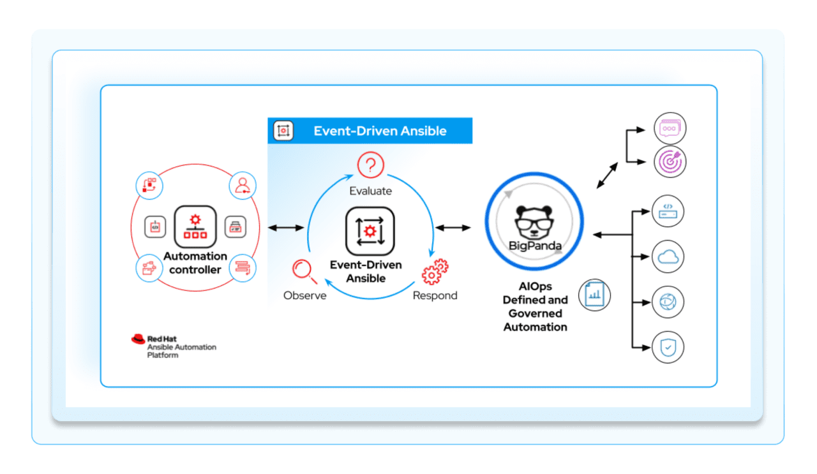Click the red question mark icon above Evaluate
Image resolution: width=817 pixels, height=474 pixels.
click(x=370, y=166)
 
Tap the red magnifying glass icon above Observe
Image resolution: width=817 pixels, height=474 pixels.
click(x=304, y=270)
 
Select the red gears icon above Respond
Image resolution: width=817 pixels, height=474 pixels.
click(x=435, y=271)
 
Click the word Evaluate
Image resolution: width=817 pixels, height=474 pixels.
click(x=370, y=191)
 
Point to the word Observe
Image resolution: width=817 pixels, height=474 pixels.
click(x=304, y=295)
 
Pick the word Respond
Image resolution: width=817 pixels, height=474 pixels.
click(x=435, y=295)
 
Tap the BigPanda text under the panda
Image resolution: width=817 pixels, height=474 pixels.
click(x=535, y=246)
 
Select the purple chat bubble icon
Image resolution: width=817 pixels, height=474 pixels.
click(x=669, y=128)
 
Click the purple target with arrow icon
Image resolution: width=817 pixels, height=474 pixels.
click(x=669, y=161)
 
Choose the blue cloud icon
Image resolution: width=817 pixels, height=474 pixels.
click(x=668, y=256)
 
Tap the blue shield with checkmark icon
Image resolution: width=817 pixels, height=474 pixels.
click(x=668, y=348)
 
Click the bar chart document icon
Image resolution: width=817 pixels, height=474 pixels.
click(x=594, y=295)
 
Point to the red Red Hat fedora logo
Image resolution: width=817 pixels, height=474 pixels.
click(x=138, y=339)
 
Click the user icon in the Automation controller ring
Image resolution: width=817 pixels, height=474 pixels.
click(x=243, y=186)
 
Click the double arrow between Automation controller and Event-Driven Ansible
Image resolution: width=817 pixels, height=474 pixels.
click(x=286, y=228)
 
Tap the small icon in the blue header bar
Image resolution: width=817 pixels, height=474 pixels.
click(x=283, y=131)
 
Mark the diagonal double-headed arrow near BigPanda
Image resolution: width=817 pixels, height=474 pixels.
click(x=607, y=175)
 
